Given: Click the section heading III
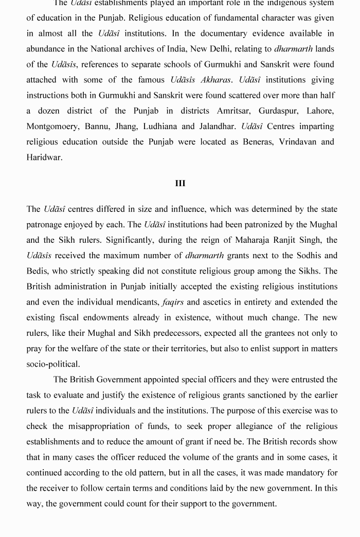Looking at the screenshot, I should (x=180, y=184).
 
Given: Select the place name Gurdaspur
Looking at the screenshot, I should (x=277, y=111).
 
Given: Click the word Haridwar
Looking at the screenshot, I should (x=44, y=157).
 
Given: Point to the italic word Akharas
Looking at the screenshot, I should (x=215, y=80).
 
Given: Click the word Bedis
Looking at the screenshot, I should (x=39, y=271).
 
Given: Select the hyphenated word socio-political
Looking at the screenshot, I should (x=53, y=364).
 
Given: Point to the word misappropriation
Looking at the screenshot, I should (x=110, y=426).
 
